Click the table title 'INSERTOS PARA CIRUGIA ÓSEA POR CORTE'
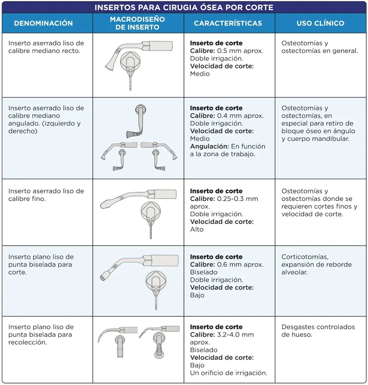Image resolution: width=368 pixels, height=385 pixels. point(184,7)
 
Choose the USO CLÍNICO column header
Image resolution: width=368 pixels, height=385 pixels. point(320,24)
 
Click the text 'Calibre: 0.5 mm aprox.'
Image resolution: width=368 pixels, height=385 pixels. point(226,51)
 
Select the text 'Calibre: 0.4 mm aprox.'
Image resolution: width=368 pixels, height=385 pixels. point(226,116)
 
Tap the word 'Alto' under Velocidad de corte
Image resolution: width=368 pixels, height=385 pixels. point(197,230)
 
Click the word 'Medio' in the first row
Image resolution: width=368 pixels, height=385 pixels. point(200,74)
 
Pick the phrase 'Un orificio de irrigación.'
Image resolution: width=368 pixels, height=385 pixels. point(229,373)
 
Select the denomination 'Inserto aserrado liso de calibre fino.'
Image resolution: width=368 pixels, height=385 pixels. point(46,195)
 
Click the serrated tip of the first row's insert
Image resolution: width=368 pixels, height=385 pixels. point(112,67)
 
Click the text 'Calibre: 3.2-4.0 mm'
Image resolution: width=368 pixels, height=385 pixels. point(222,335)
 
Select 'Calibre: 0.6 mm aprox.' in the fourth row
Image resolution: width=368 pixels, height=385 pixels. point(226,265)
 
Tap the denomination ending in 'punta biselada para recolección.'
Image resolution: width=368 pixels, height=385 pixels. point(41,335)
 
